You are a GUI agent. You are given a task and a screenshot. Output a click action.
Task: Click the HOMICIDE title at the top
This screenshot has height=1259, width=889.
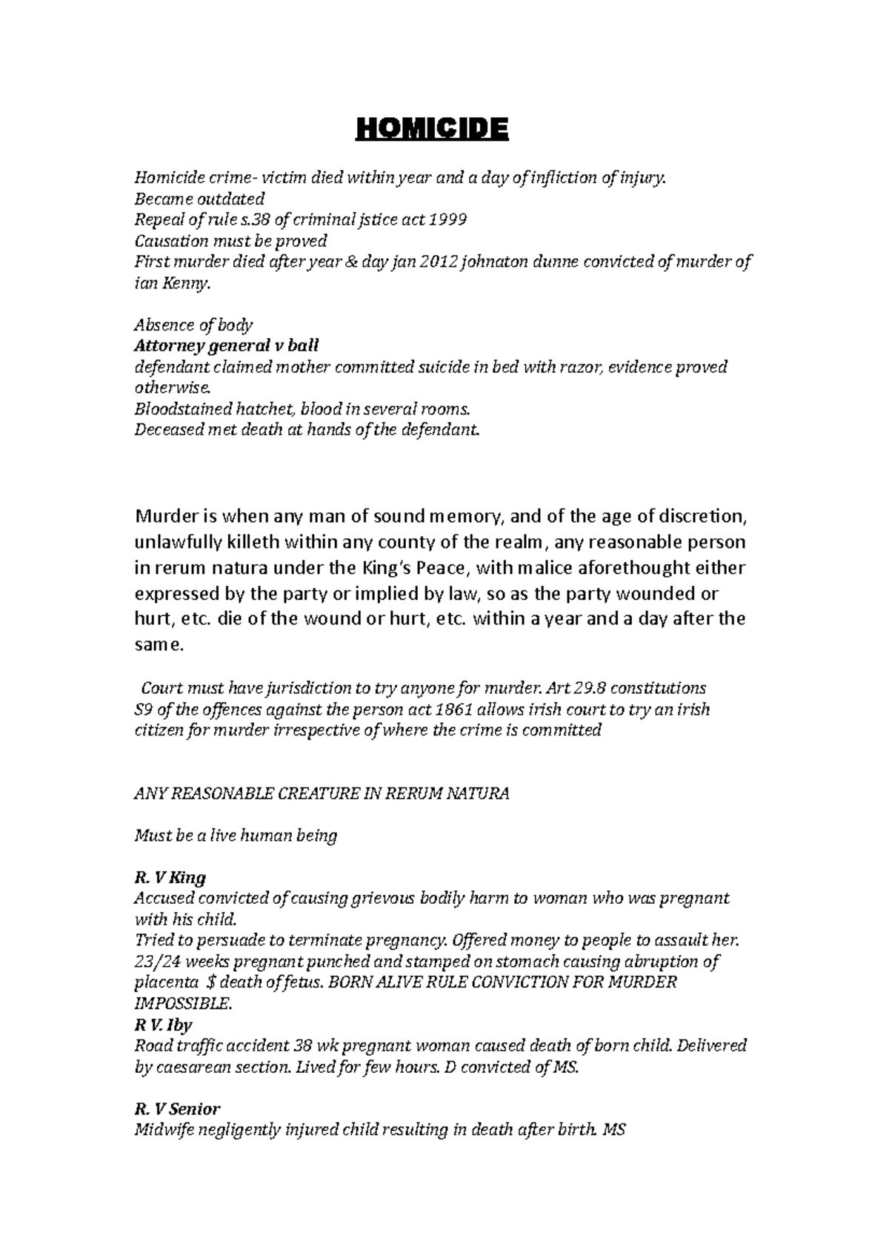point(433,130)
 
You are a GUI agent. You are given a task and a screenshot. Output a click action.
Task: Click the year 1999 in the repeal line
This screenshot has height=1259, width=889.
point(450,220)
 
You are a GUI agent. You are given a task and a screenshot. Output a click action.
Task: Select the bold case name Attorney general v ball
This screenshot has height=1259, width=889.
point(227,346)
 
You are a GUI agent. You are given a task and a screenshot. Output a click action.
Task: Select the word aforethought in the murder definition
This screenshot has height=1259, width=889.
point(630,569)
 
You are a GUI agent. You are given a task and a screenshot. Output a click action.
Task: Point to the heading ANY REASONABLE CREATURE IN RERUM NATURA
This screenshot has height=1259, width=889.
point(322,794)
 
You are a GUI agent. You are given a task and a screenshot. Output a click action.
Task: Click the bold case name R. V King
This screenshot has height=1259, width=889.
point(170,878)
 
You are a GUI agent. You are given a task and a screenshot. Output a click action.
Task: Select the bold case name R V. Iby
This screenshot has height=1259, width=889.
point(163,1025)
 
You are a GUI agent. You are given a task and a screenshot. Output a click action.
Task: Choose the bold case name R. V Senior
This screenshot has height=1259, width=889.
point(177,1109)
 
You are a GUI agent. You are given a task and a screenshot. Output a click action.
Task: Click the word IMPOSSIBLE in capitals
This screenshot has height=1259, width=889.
point(182,1005)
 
